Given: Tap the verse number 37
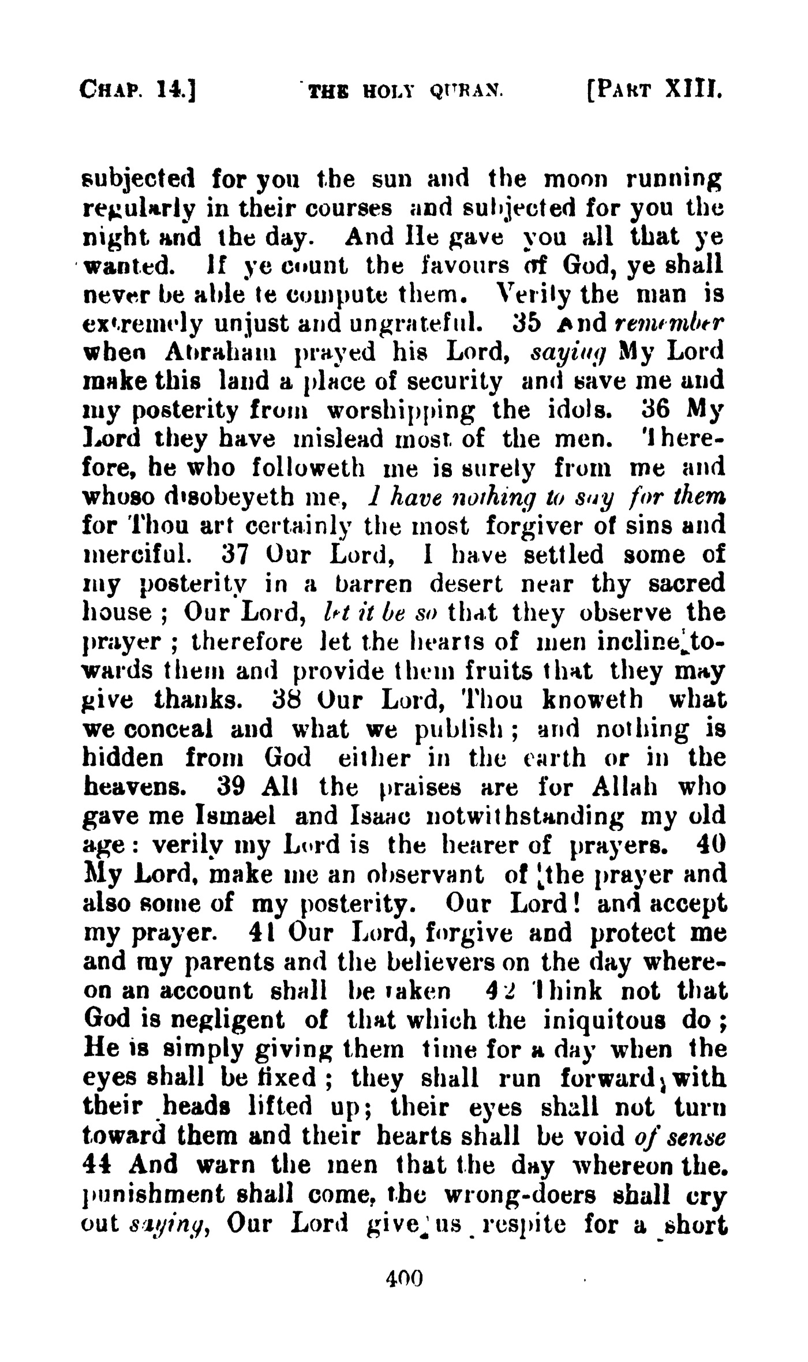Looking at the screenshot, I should pyautogui.click(x=235, y=555).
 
